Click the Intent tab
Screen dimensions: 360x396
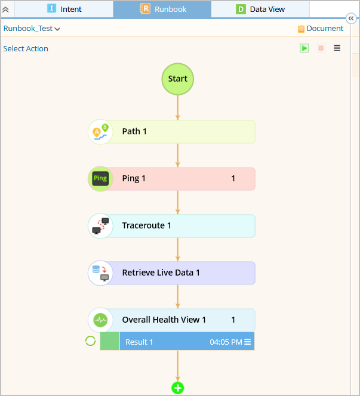tap(64, 9)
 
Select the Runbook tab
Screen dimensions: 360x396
tap(162, 9)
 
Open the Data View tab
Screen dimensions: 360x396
tap(260, 9)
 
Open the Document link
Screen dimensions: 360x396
tap(321, 29)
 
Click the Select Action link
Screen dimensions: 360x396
tap(26, 48)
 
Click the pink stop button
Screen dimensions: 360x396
tap(321, 48)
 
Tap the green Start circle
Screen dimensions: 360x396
tap(178, 79)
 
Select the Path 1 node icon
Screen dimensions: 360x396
tap(100, 132)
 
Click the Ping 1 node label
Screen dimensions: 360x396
tap(134, 178)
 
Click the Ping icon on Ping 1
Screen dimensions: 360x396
tap(100, 178)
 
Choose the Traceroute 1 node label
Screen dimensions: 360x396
tap(146, 225)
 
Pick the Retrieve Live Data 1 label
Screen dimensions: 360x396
tap(161, 273)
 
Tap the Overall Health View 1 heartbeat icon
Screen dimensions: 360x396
tap(100, 320)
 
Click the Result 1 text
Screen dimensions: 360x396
tap(139, 342)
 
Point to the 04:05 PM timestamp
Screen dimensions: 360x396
tap(226, 342)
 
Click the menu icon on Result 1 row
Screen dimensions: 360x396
tap(248, 342)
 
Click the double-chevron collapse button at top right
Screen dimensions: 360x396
tap(351, 18)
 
